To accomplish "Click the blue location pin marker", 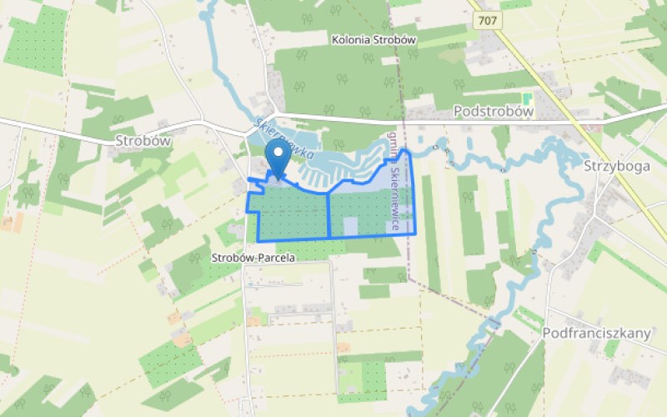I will (x=277, y=158).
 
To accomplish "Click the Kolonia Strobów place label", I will (x=374, y=39).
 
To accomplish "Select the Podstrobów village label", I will (x=492, y=110).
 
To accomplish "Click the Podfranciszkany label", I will (x=595, y=333).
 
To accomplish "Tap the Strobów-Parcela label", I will (x=253, y=258).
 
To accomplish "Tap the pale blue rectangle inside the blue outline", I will (x=351, y=225).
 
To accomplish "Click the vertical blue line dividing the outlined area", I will (x=328, y=214).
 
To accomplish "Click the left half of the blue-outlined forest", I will (x=292, y=214).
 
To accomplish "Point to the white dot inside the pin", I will (x=277, y=153).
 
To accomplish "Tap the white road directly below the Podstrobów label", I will (x=492, y=123).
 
